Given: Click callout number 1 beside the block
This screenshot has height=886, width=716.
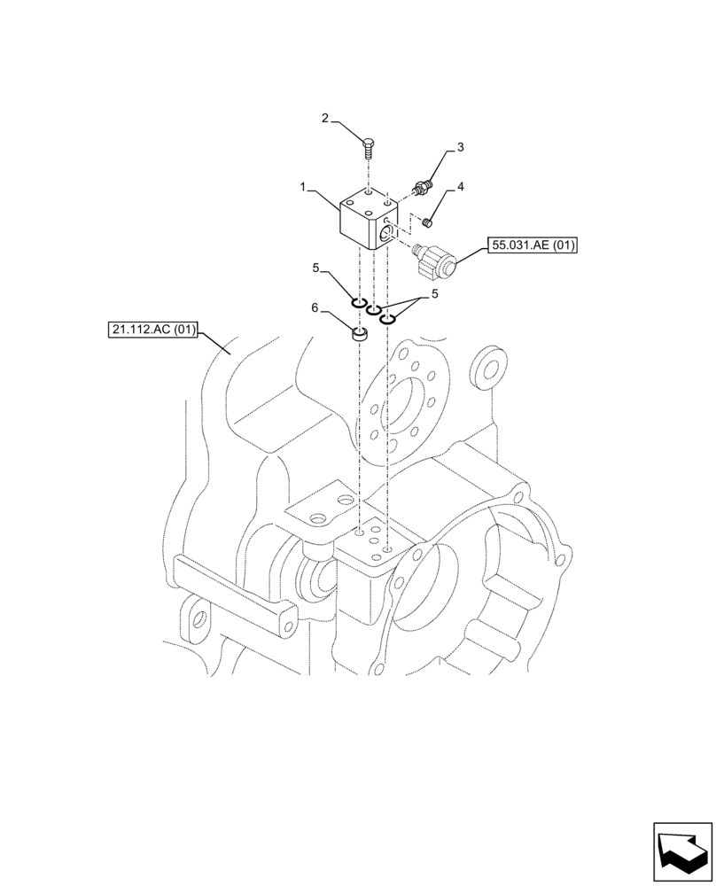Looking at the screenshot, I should tap(302, 189).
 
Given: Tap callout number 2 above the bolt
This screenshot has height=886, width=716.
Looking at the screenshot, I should tap(324, 118).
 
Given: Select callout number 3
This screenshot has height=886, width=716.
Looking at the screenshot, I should tap(461, 146).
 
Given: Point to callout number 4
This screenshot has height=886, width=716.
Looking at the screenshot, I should tap(461, 188).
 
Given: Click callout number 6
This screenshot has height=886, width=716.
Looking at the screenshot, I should tap(314, 308).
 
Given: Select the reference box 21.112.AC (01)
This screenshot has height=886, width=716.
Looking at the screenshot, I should tap(151, 331).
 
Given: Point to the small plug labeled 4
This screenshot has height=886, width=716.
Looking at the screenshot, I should tap(426, 221).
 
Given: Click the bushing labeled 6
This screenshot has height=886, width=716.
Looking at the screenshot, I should tap(359, 335).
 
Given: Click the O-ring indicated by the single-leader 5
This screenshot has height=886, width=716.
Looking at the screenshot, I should tap(359, 305).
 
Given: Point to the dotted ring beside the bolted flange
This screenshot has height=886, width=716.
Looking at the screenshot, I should tap(489, 367).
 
